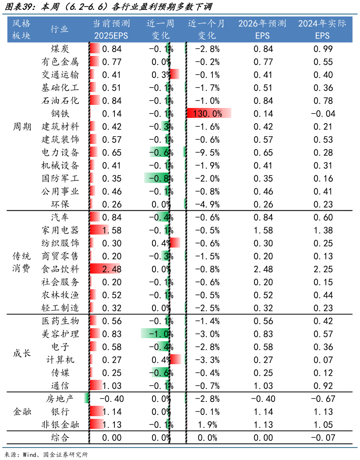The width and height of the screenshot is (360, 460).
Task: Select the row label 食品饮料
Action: click(x=60, y=269)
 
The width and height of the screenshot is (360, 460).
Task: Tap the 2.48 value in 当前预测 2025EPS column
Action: click(x=111, y=269)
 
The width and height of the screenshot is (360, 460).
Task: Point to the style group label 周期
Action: click(x=22, y=127)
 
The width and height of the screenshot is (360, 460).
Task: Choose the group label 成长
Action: click(x=22, y=353)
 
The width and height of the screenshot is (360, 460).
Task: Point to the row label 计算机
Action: click(x=60, y=360)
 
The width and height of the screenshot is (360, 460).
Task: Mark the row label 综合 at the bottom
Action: click(x=60, y=438)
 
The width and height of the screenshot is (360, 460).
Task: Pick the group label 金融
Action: click(x=22, y=412)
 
